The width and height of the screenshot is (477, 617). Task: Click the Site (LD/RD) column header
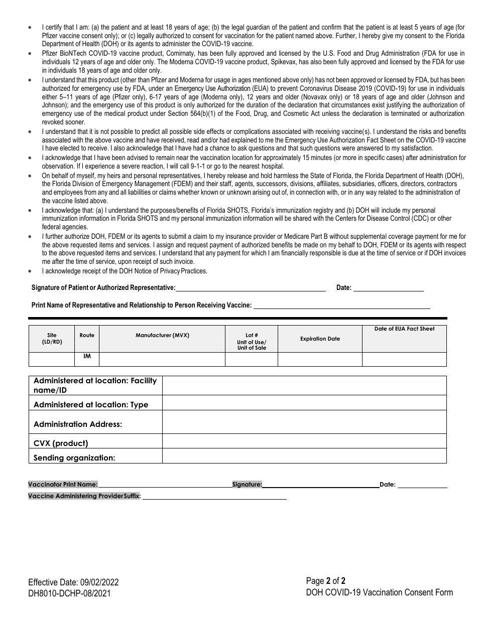[x=52, y=339]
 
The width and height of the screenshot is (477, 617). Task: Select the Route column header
[x=86, y=335]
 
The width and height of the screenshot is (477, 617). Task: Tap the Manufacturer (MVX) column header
[x=162, y=335]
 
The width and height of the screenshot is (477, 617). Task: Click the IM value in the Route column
[x=86, y=356]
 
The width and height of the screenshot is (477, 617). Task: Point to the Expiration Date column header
[x=320, y=339]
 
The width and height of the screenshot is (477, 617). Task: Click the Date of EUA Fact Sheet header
[x=404, y=329]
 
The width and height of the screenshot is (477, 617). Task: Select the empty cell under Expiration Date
[x=320, y=359]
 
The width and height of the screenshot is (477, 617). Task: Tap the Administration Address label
[x=78, y=424]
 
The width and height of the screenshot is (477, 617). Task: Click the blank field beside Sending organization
[x=304, y=456]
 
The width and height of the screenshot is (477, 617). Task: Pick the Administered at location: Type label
[x=91, y=405]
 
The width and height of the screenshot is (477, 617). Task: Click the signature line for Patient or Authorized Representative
[x=251, y=288]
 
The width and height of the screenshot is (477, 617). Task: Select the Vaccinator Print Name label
[x=63, y=485]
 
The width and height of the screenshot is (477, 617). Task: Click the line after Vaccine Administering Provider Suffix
[x=214, y=497]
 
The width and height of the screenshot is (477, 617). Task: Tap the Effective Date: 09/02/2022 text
[x=73, y=582]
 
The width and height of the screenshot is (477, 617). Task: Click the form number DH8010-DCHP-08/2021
[x=69, y=593]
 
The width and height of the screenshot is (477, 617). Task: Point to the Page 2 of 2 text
[x=326, y=581]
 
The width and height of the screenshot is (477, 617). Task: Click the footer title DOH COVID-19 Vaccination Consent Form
[x=379, y=592]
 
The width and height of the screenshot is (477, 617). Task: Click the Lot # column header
[x=252, y=342]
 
